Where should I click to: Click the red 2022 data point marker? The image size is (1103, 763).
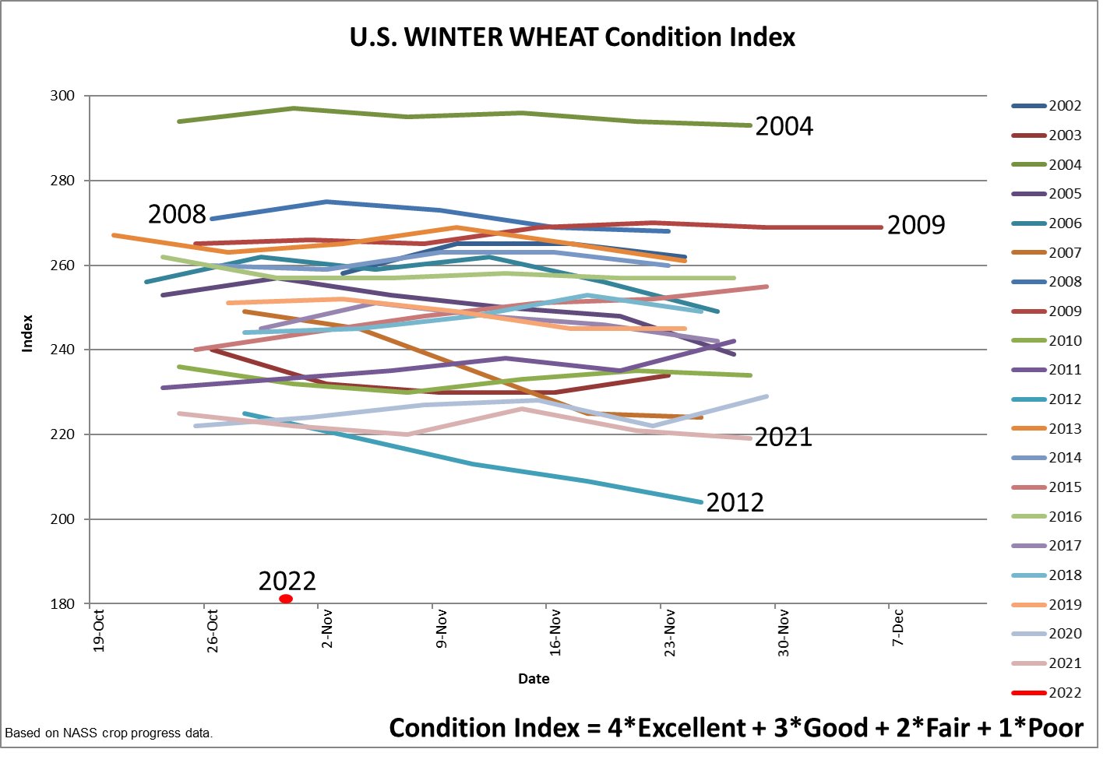[x=286, y=599]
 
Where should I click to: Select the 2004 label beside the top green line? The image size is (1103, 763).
[x=784, y=126]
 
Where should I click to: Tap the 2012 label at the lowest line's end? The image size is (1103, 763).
[x=735, y=503]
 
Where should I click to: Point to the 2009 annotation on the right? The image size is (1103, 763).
[x=915, y=225]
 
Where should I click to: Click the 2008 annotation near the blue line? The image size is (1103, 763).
[x=177, y=214]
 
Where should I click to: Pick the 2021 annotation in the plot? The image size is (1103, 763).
[x=783, y=438]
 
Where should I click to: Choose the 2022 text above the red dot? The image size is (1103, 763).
[x=287, y=581]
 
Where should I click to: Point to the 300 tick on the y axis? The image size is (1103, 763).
[x=62, y=96]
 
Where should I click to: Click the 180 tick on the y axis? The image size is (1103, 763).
[x=62, y=604]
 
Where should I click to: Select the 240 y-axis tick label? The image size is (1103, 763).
[x=62, y=350]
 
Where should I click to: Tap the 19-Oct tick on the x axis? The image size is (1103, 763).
[x=99, y=631]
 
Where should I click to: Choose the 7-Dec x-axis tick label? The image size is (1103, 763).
[x=898, y=628]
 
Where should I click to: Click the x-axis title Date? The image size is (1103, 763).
[x=534, y=679]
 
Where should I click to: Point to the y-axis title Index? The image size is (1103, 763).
[x=28, y=333]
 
